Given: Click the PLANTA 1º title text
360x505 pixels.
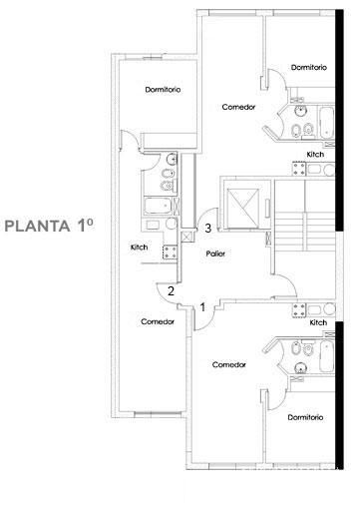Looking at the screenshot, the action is (49, 226).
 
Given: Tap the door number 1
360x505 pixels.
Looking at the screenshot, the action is (202, 307).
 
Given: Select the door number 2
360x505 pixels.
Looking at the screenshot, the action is (171, 291).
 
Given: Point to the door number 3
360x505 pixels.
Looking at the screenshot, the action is (208, 229).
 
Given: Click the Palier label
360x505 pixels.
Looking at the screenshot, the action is (215, 253).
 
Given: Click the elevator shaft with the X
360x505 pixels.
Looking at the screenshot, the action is (242, 208).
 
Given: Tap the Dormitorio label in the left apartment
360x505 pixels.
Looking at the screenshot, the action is (163, 90).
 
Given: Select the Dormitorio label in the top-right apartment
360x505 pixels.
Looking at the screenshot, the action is (309, 67).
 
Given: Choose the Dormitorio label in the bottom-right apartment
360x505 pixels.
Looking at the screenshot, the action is (305, 417).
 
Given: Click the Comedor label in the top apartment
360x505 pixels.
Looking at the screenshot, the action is (238, 107).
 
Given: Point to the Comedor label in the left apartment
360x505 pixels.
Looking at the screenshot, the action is (158, 321).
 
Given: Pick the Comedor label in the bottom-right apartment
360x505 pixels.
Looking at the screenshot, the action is (229, 364).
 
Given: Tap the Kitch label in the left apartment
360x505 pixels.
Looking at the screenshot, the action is (139, 248).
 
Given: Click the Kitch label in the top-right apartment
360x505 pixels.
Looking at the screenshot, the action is (315, 155).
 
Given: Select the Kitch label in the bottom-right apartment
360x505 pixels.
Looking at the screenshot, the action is (318, 322).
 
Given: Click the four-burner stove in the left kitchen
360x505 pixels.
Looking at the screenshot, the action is (170, 252).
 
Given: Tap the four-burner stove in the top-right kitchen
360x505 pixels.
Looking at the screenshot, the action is (299, 169).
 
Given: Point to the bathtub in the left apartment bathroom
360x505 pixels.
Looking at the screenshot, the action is (158, 207).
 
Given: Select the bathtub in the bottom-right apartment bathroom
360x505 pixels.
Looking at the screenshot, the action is (326, 356).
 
